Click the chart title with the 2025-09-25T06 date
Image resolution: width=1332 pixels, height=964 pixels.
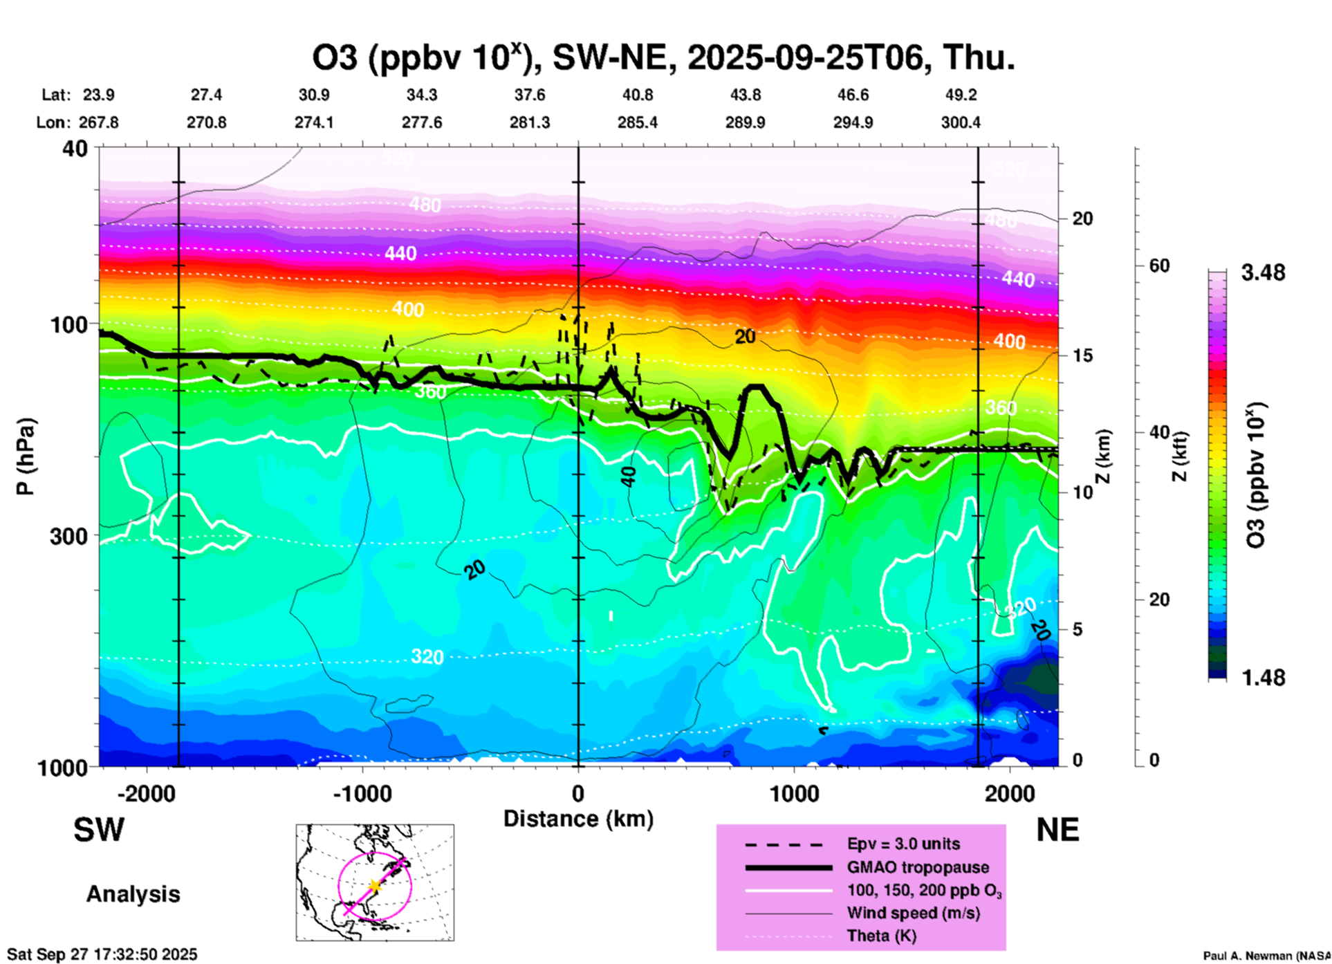663,58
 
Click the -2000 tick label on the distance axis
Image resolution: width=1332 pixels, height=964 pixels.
146,794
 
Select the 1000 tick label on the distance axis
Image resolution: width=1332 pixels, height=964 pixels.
794,794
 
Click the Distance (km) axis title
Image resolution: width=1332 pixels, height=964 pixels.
578,819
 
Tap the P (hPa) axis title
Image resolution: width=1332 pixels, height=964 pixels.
26,456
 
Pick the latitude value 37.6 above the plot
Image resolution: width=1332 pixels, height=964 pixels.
530,95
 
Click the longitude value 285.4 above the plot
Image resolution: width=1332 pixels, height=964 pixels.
638,123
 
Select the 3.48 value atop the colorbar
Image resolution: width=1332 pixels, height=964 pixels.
1263,273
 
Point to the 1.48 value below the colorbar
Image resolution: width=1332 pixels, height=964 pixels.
1263,678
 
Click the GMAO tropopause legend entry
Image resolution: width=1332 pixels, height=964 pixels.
918,867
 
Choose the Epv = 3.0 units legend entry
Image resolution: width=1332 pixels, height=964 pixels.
903,844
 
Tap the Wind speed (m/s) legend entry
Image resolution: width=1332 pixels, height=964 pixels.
913,914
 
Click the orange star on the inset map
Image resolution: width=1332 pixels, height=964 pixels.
375,885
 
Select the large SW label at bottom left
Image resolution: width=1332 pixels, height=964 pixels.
99,830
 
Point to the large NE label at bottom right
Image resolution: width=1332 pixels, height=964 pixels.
1057,830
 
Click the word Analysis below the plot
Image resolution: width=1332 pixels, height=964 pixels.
133,894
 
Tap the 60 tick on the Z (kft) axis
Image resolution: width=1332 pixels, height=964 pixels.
1159,266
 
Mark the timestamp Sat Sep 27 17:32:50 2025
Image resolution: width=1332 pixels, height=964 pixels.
102,954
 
